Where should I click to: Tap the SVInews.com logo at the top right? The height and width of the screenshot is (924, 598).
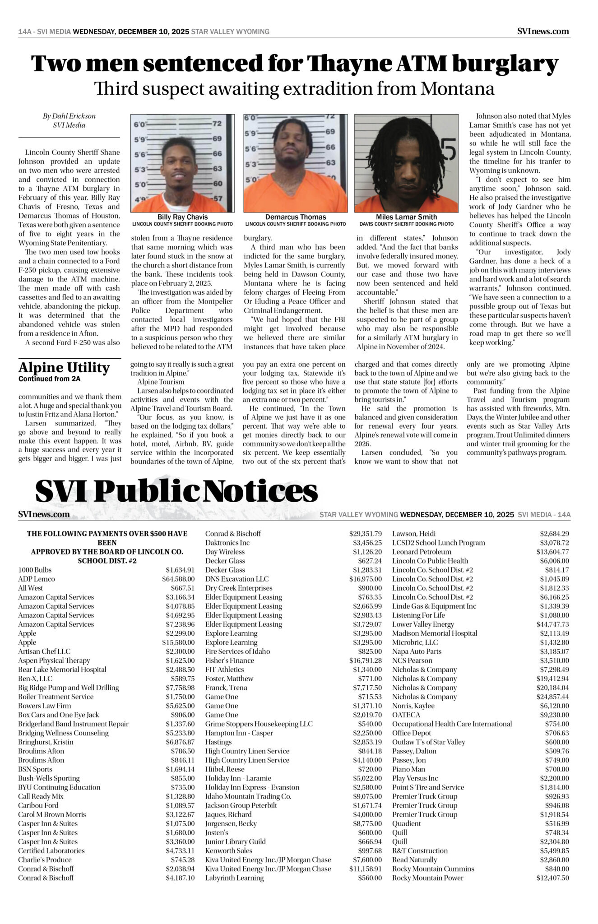coord(543,31)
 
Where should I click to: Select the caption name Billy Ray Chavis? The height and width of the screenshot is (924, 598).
coord(182,217)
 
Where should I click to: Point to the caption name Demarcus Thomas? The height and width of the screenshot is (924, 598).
coord(296,217)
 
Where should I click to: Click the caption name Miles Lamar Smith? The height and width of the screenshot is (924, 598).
coord(406,217)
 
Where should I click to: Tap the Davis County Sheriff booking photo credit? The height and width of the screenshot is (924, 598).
coord(406,224)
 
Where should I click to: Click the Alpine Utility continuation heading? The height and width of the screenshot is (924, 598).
coord(64,368)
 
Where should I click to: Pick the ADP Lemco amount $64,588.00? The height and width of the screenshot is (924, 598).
coord(178,579)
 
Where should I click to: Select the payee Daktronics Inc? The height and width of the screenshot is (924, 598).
coord(227,543)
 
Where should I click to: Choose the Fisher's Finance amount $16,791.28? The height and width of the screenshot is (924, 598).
coord(365,660)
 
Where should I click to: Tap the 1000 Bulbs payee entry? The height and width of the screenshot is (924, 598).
coord(35,570)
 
